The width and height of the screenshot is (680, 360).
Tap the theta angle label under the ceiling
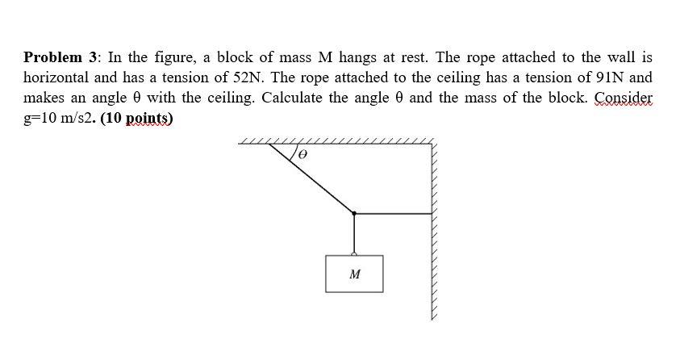(x=304, y=153)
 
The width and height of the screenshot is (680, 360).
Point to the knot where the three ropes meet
(x=354, y=213)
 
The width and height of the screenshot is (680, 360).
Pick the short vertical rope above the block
(x=354, y=233)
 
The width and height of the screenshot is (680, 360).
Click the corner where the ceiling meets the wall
(x=434, y=146)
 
